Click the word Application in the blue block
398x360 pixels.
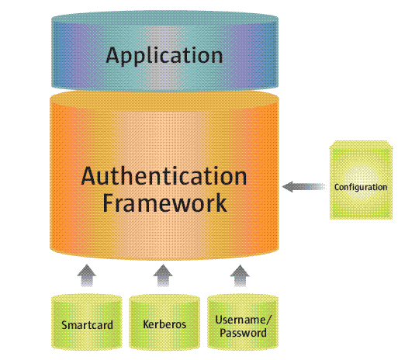point(164,56)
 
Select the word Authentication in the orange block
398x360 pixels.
point(164,176)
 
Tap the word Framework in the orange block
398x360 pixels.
point(164,203)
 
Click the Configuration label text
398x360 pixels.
point(361,187)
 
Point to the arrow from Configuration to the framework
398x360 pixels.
point(304,186)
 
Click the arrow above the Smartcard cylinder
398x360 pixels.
point(87,275)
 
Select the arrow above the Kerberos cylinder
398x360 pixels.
point(163,275)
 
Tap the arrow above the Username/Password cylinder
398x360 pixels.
point(240,275)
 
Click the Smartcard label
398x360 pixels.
point(87,325)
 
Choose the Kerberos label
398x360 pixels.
point(164,324)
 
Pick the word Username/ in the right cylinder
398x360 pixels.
point(243,320)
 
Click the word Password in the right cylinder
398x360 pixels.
point(243,333)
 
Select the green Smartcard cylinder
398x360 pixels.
point(87,322)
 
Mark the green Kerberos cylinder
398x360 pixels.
point(164,322)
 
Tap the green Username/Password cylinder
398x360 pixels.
point(243,322)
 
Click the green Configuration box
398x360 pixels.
point(361,180)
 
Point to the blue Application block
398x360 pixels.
point(164,51)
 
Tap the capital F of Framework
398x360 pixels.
point(109,202)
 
